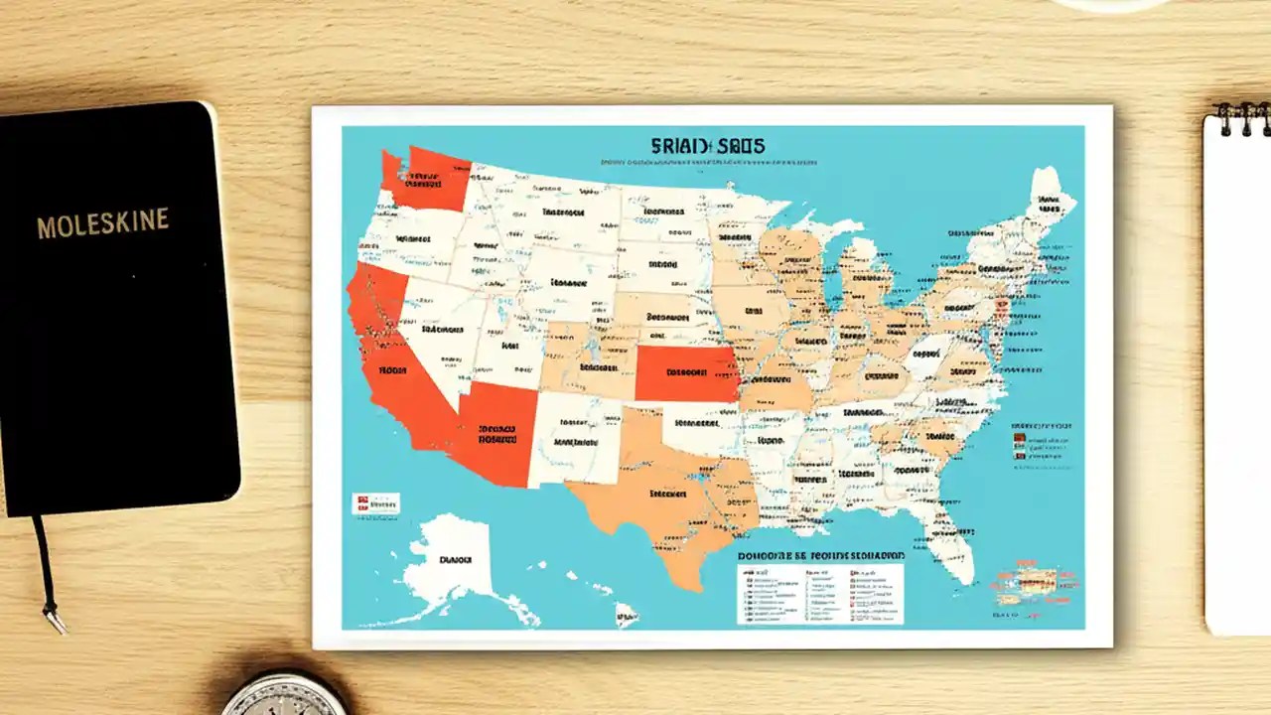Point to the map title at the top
coord(708,147)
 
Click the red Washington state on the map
coord(429,179)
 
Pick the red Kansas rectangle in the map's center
coord(685,373)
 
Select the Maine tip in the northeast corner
coord(1048,198)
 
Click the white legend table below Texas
coord(820,594)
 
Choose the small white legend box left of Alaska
coord(376,503)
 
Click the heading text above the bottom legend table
coord(820,556)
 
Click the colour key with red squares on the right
coord(1041,442)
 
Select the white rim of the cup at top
coord(1113,6)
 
